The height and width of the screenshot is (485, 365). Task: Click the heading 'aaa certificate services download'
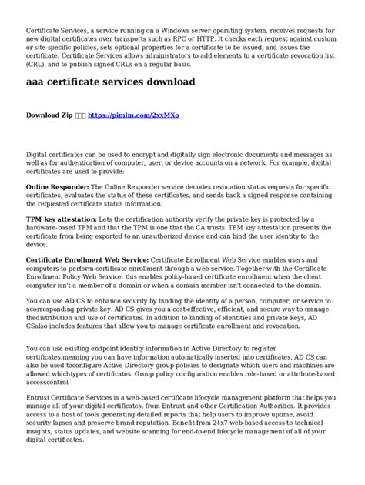click(110, 81)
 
